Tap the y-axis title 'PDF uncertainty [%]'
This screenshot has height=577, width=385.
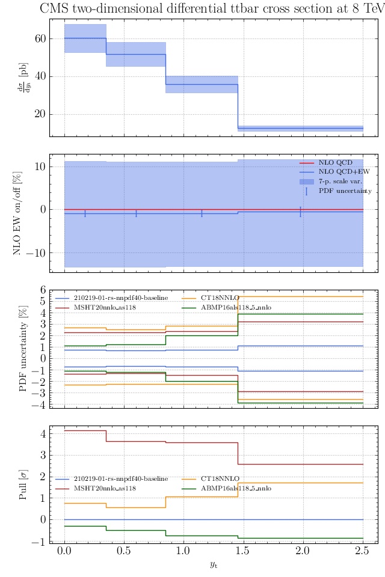24,348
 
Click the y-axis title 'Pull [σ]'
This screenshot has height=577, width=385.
24,484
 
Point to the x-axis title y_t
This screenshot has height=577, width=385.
213,564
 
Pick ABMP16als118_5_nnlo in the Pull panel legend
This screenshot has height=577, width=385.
236,489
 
